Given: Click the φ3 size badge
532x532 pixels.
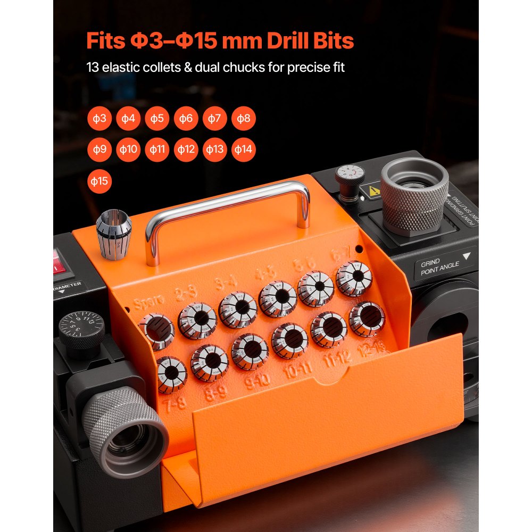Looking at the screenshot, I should click(x=99, y=119).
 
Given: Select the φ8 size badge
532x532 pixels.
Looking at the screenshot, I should click(x=243, y=119).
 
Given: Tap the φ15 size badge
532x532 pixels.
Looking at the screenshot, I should click(x=99, y=181).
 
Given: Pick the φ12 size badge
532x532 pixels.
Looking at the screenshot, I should click(x=186, y=149).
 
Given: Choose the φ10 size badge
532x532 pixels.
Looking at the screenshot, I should click(x=128, y=149).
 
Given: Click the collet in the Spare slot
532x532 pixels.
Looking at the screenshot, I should click(x=156, y=331).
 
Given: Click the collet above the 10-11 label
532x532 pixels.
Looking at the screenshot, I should click(x=290, y=340).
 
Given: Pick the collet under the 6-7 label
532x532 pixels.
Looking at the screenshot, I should click(x=354, y=278).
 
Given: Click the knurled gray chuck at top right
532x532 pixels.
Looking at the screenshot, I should click(x=415, y=196).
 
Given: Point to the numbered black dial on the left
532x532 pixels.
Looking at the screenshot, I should click(x=81, y=329).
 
